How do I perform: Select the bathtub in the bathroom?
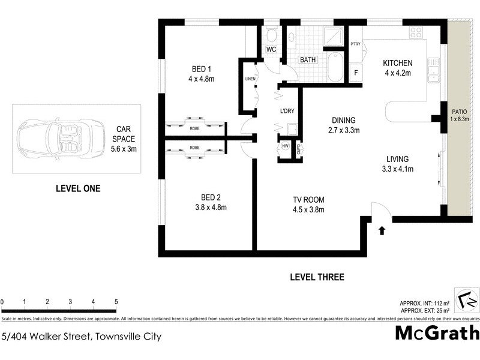click(x=335, y=67)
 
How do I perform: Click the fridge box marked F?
click(x=356, y=73)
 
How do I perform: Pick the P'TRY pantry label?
click(x=355, y=44)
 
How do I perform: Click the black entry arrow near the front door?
click(x=382, y=229)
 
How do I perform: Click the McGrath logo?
click(x=437, y=332)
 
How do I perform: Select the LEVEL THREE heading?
click(x=317, y=277)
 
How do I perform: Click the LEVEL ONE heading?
click(x=77, y=188)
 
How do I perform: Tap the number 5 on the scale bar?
click(x=116, y=302)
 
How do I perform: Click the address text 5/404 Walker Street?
click(x=81, y=337)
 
